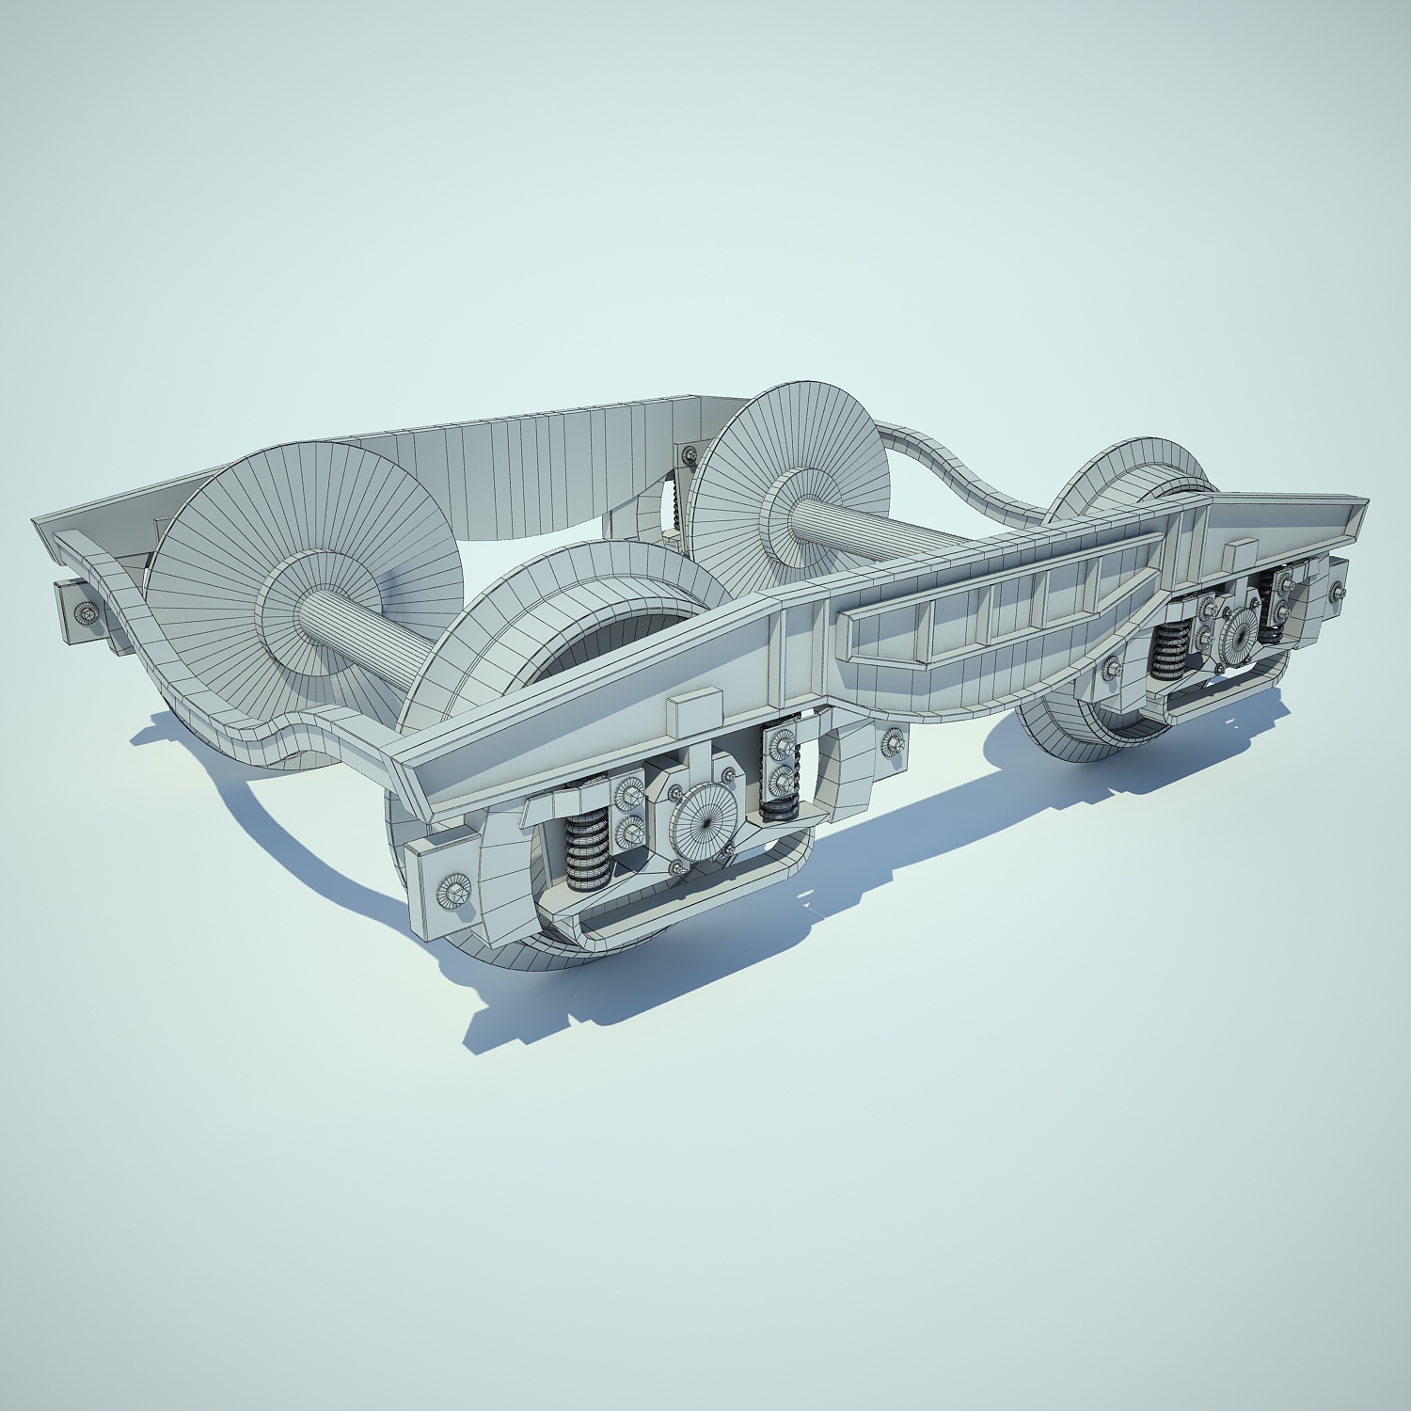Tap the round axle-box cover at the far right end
(x=1240, y=637)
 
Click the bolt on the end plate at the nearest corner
(x=452, y=890)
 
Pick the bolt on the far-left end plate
(x=87, y=612)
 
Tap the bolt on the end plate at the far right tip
(x=1339, y=592)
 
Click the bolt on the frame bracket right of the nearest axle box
(x=891, y=744)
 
